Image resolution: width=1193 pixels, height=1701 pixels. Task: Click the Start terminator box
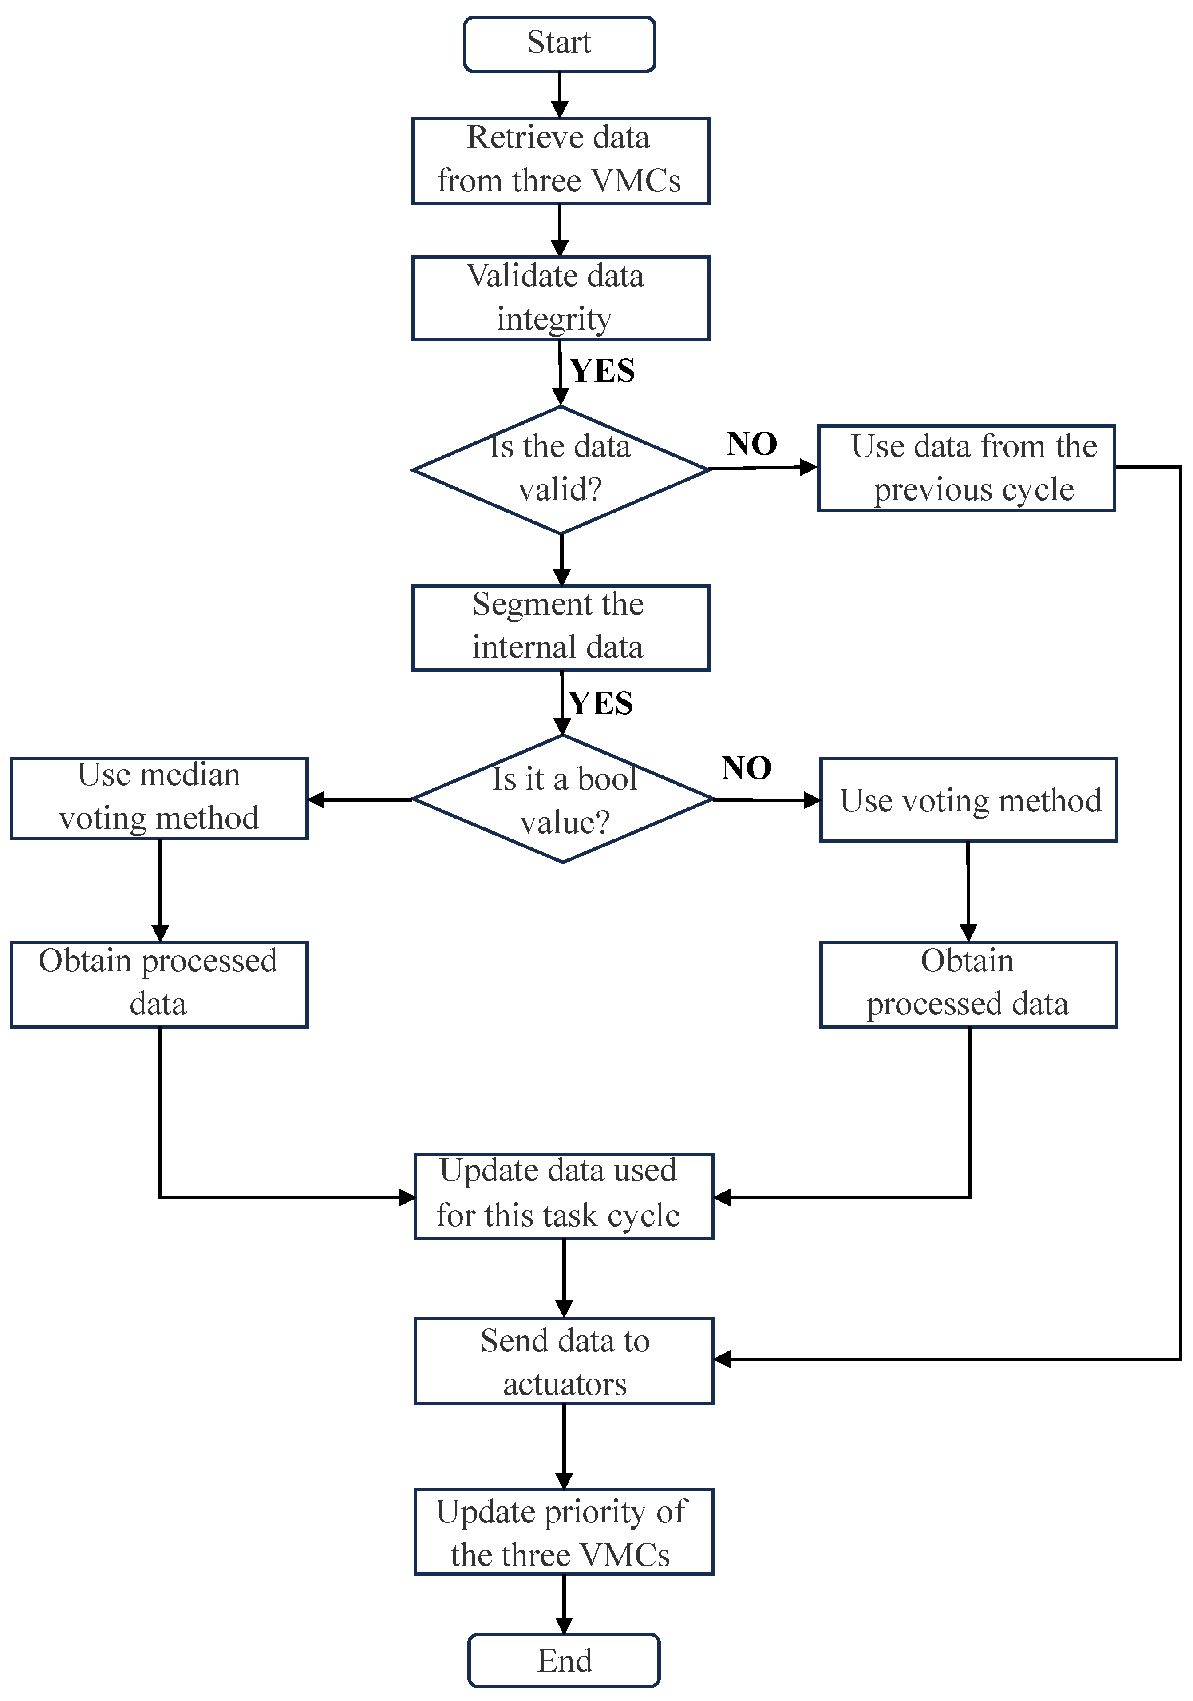click(559, 44)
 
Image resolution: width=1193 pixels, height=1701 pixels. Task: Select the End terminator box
click(564, 1660)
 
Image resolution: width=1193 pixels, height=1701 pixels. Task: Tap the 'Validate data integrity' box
click(560, 298)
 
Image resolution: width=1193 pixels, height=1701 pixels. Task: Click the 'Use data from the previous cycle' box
click(966, 468)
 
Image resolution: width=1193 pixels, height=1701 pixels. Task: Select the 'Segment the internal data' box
click(560, 628)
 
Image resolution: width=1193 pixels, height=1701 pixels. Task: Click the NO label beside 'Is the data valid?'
click(752, 444)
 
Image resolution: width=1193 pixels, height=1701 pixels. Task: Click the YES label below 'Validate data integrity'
click(602, 370)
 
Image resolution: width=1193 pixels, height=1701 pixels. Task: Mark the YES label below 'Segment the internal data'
click(600, 703)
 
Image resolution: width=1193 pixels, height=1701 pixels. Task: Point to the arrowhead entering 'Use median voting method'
click(316, 799)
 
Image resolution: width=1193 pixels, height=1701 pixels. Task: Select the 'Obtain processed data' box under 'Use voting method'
click(968, 984)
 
